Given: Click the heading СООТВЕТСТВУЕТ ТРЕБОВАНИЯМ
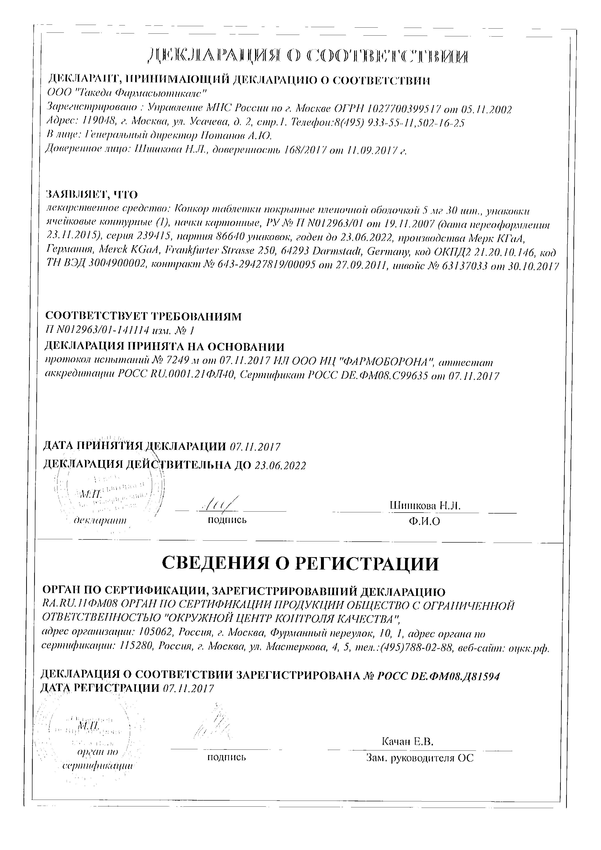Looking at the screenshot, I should point(143,316).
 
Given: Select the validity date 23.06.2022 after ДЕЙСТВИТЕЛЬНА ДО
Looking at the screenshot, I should point(280,465).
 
